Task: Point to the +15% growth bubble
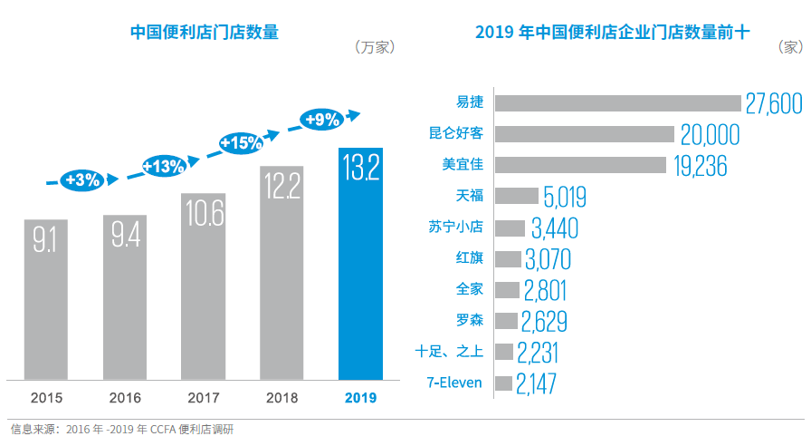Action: pyautogui.click(x=242, y=142)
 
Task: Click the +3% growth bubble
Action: pyautogui.click(x=82, y=179)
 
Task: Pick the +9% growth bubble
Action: pyautogui.click(x=322, y=119)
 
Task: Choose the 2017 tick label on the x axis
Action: pyautogui.click(x=204, y=397)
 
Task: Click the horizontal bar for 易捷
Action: pyautogui.click(x=618, y=102)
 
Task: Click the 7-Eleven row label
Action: pyautogui.click(x=454, y=383)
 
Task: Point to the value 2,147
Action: pyautogui.click(x=536, y=383)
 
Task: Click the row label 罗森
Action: pyautogui.click(x=471, y=319)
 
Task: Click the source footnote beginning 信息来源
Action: pyautogui.click(x=121, y=429)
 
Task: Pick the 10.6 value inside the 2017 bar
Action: pyautogui.click(x=204, y=215)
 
